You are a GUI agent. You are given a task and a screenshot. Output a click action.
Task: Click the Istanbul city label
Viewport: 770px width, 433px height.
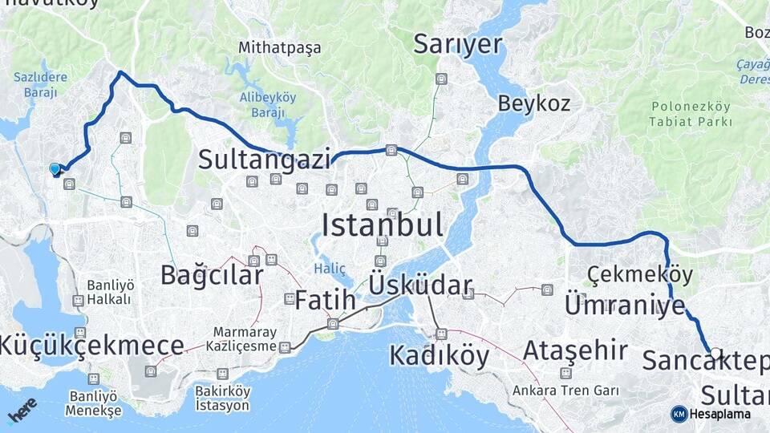click(382, 225)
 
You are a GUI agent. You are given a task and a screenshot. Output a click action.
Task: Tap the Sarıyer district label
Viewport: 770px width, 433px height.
click(457, 45)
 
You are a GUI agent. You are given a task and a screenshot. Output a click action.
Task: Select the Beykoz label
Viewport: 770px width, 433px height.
click(533, 103)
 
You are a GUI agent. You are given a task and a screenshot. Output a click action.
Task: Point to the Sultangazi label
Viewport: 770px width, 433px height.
click(264, 160)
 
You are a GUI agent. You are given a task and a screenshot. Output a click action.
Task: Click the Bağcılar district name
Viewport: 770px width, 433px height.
click(211, 275)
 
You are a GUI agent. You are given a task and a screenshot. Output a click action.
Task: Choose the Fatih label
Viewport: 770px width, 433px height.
click(325, 301)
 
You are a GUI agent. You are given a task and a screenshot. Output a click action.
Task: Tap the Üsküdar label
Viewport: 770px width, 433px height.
click(419, 285)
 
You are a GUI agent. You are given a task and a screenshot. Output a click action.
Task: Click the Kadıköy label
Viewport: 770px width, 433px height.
click(439, 354)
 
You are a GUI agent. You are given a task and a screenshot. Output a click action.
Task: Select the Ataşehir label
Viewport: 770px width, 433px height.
click(574, 350)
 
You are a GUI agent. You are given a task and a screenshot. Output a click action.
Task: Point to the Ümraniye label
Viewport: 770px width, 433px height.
click(625, 306)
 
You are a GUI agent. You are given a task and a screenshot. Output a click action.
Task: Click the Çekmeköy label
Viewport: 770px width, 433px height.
click(639, 274)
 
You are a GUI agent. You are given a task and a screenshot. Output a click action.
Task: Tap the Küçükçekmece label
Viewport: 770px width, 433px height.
click(91, 346)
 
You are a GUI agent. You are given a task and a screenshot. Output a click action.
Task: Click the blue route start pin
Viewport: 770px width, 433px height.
click(55, 169)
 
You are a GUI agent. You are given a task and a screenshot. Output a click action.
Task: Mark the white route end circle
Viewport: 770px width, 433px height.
click(715, 353)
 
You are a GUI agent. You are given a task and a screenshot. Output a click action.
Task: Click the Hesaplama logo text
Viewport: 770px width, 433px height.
click(719, 414)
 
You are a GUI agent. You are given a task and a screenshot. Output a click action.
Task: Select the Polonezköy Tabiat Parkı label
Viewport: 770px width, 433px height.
click(691, 114)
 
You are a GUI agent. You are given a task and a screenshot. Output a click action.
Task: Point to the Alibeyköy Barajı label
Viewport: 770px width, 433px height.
click(268, 104)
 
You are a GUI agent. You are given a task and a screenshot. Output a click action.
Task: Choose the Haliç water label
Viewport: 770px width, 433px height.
click(329, 269)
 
